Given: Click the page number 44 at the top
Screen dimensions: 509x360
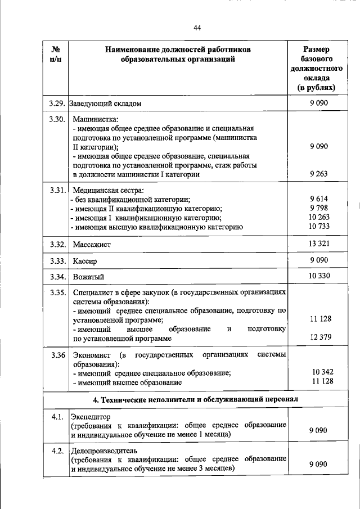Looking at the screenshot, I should (x=197, y=28).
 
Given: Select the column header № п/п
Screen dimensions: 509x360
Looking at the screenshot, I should (x=56, y=55).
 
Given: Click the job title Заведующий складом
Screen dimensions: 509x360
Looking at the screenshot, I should (x=104, y=103).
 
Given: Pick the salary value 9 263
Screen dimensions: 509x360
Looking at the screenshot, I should (x=318, y=174).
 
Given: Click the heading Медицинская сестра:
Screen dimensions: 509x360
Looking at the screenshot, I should (x=100, y=190).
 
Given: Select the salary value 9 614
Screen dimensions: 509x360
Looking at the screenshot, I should (x=318, y=199).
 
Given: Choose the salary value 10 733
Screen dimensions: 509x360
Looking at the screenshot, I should (x=318, y=227).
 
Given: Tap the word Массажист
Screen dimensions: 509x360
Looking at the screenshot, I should (x=92, y=245).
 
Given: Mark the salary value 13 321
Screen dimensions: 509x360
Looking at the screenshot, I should (x=318, y=244).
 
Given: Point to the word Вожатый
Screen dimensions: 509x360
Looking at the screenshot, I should (x=88, y=277).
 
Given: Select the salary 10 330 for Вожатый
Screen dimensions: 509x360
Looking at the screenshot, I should (x=318, y=276).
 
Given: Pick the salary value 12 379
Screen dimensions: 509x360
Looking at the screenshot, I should (x=318, y=337).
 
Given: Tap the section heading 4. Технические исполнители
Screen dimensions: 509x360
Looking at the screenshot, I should (x=196, y=399).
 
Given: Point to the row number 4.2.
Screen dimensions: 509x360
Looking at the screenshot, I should (x=56, y=451).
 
